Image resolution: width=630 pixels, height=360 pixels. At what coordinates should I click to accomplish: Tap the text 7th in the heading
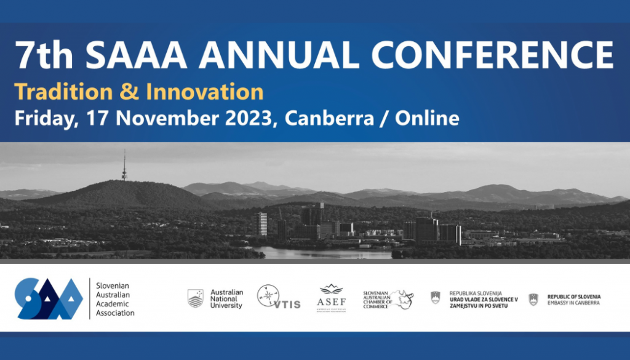click(x=44, y=55)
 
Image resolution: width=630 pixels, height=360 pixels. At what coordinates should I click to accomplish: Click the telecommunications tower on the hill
click(x=124, y=166)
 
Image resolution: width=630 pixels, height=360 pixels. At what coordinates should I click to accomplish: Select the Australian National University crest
click(x=196, y=298)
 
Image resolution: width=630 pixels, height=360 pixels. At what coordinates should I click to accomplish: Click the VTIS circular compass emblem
click(x=269, y=296)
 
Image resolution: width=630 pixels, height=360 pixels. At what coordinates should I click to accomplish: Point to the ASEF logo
click(x=332, y=298)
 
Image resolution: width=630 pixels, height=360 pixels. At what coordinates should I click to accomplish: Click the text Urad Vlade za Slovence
click(x=484, y=299)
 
